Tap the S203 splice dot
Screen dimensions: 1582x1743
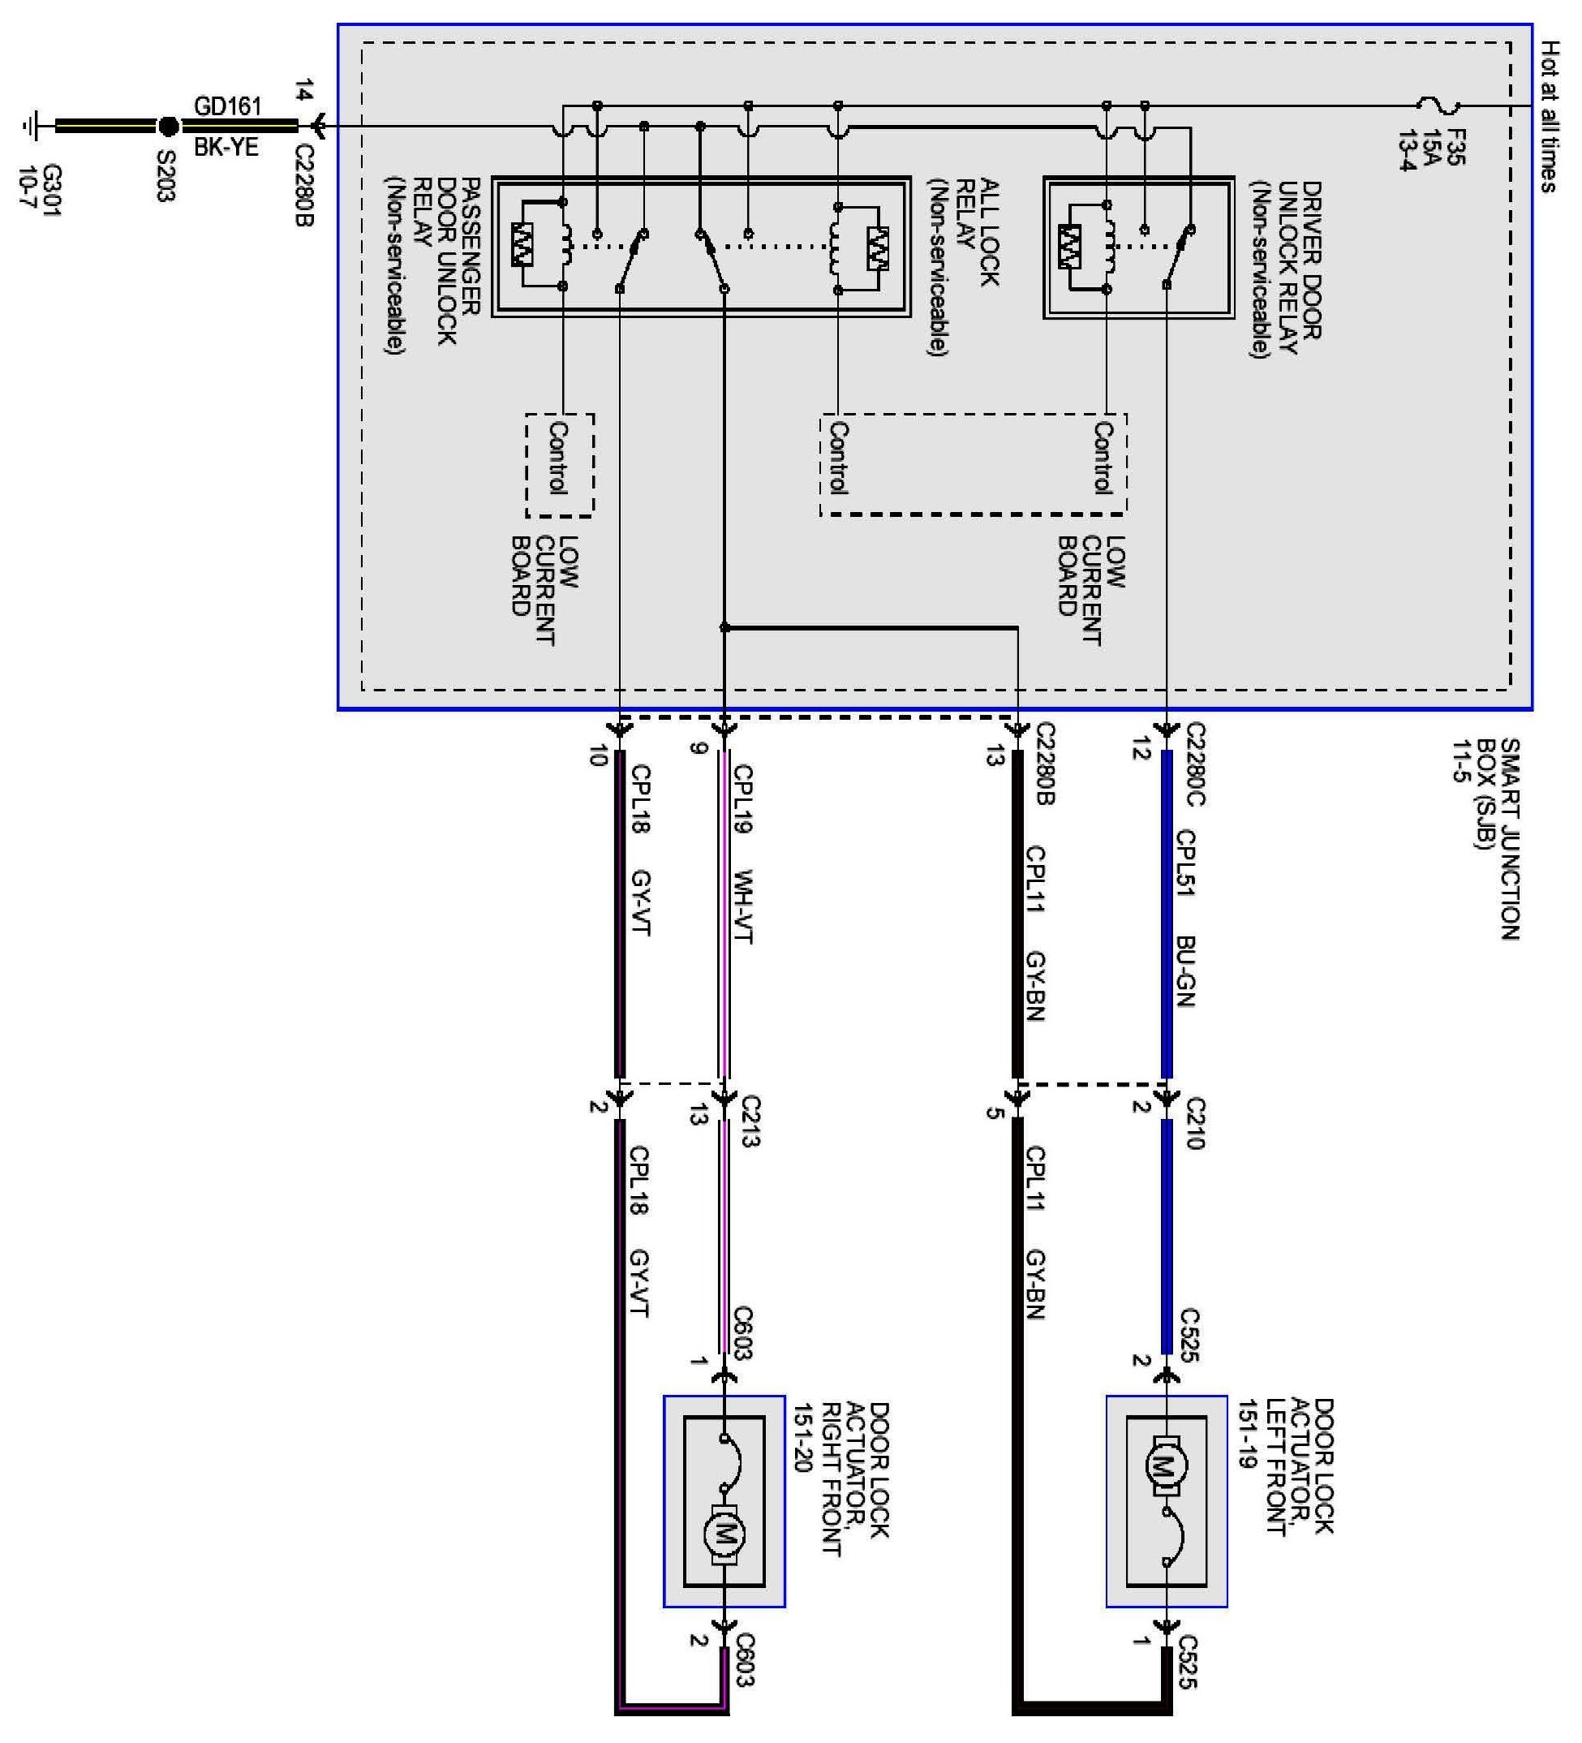pyautogui.click(x=169, y=127)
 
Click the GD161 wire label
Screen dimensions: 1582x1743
pyautogui.click(x=226, y=106)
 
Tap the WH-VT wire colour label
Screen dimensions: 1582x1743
pyautogui.click(x=742, y=906)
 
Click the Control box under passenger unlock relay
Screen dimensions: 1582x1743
pyautogui.click(x=559, y=464)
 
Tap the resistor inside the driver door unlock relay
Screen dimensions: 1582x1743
pyautogui.click(x=1069, y=247)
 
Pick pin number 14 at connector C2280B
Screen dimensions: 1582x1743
pyautogui.click(x=303, y=91)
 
